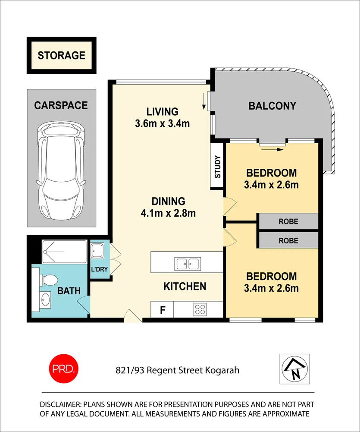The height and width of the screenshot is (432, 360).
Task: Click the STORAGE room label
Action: coord(61,56)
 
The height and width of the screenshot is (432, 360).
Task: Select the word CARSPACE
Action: coord(61,105)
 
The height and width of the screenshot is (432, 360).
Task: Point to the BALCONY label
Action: coord(272,106)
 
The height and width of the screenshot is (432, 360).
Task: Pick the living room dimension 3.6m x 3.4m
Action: coord(162,123)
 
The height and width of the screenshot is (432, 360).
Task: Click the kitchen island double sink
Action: coord(187,263)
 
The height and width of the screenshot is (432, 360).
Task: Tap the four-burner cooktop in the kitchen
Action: coord(200,309)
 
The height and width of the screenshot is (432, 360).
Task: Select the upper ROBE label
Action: coord(288,222)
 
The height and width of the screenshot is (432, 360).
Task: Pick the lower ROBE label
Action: coord(288,240)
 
